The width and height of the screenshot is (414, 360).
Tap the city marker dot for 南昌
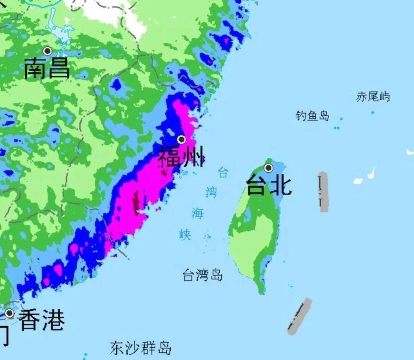[x=48, y=51]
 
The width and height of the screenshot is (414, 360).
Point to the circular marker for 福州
[x=181, y=139]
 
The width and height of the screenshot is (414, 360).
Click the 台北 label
[x=269, y=185]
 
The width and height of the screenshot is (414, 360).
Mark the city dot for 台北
[x=269, y=168]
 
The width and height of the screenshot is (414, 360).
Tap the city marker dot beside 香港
[x=9, y=314]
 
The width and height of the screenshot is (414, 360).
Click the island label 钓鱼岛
[x=312, y=116]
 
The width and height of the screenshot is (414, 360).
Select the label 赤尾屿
[x=373, y=96]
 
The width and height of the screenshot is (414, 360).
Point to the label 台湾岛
[x=202, y=275]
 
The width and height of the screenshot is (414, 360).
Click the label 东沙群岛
[x=140, y=348]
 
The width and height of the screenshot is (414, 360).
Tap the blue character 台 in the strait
[x=223, y=172]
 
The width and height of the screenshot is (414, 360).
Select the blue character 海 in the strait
[x=198, y=213]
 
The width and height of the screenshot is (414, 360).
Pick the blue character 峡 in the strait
[x=185, y=234]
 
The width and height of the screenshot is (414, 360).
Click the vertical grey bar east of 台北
[x=324, y=192]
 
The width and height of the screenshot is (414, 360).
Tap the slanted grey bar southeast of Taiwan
[x=300, y=316]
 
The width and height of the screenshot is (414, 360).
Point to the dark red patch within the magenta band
[x=136, y=201]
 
